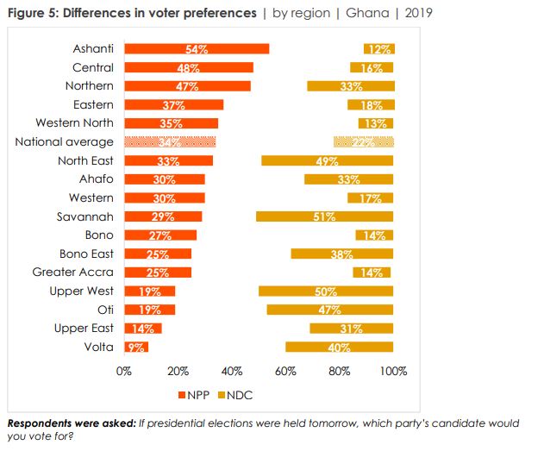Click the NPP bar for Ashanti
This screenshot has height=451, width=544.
pos(197,49)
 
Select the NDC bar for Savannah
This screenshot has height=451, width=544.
pos(324,216)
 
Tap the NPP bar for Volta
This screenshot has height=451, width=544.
pos(136,347)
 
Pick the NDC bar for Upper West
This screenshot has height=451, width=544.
pos(326,291)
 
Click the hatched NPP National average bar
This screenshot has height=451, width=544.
pos(170,142)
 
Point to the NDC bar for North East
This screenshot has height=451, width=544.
pos(327,160)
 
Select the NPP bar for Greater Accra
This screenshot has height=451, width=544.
pos(158,272)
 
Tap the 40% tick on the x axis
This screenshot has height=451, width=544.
pos(232,372)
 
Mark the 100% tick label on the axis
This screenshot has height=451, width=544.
pos(393,372)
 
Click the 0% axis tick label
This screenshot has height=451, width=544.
pos(124,372)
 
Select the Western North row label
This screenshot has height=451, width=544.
pos(74,123)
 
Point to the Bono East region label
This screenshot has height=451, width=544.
pos(86,254)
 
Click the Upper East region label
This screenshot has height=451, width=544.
pos(84,328)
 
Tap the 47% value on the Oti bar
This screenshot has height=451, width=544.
pos(330,310)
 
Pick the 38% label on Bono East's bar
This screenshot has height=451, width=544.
pos(342,254)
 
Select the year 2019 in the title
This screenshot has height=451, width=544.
pos(416,14)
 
